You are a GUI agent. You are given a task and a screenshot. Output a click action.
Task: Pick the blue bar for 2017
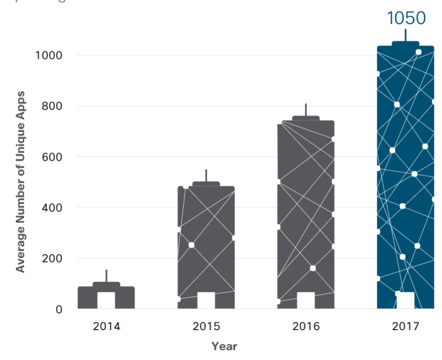[x=405, y=173]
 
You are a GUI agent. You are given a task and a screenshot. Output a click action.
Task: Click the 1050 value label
[x=406, y=18]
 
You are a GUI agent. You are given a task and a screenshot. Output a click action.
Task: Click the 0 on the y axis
[x=59, y=309]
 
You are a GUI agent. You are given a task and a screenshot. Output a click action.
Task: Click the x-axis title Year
[x=224, y=346]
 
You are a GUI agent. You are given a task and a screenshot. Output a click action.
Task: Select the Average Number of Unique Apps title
[x=20, y=181]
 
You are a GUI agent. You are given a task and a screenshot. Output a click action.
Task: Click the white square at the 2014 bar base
[x=106, y=300]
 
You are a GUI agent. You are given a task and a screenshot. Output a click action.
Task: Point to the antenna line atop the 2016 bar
[x=306, y=110]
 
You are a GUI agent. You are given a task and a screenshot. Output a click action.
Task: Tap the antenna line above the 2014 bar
[x=106, y=275]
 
